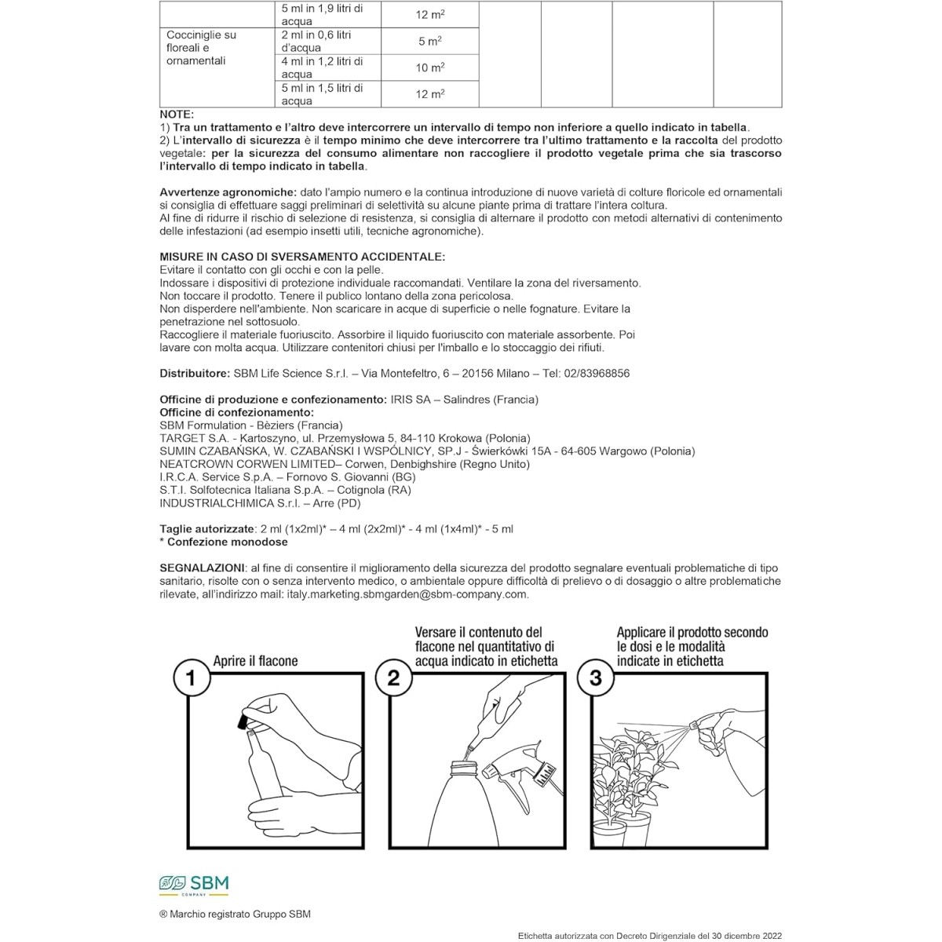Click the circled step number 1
pyautogui.click(x=191, y=677)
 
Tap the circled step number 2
pyautogui.click(x=394, y=677)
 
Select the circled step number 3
pyautogui.click(x=595, y=677)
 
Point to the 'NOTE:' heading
pyautogui.click(x=177, y=115)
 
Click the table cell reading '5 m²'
pyautogui.click(x=429, y=41)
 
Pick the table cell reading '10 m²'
pyautogui.click(x=429, y=68)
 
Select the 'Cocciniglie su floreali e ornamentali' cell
pyautogui.click(x=202, y=48)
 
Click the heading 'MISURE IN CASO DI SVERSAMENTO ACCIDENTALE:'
pyautogui.click(x=302, y=257)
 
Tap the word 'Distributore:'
pyautogui.click(x=193, y=374)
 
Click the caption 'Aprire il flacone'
pyautogui.click(x=256, y=661)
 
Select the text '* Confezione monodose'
pyautogui.click(x=224, y=542)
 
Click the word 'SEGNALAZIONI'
pyautogui.click(x=201, y=568)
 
